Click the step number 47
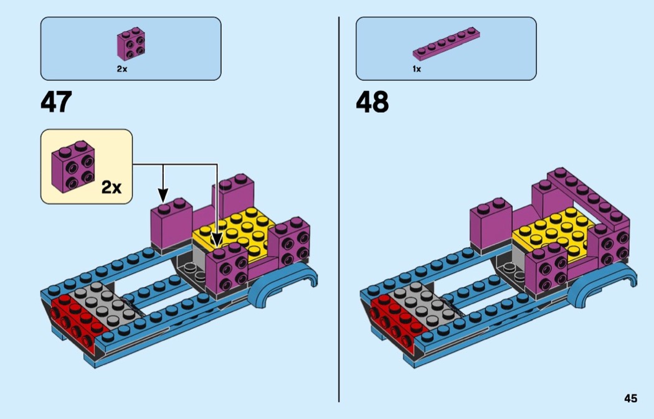click(x=56, y=102)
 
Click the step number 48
click(x=372, y=102)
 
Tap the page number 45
click(x=630, y=398)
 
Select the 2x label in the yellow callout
click(x=111, y=186)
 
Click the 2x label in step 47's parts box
click(x=121, y=69)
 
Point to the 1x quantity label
click(x=417, y=69)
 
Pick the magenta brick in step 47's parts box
click(x=131, y=44)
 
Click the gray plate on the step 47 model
click(x=100, y=304)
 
